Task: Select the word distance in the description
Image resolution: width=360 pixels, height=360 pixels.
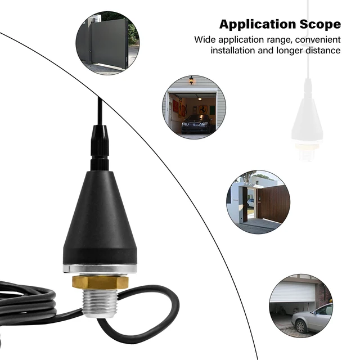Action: coord(322,51)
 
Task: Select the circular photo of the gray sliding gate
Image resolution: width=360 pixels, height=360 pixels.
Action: coord(107,43)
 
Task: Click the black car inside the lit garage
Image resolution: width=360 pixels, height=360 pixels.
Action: coord(195,123)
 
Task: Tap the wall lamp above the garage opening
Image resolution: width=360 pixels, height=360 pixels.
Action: coord(191,81)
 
